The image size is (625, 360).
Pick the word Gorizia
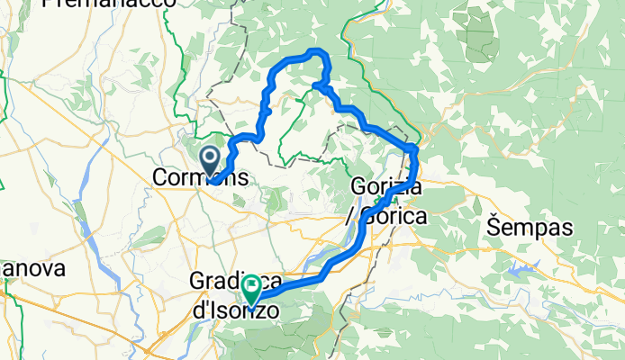click(383, 188)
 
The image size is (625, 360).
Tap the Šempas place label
click(530, 228)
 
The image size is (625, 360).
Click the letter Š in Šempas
click(494, 228)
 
